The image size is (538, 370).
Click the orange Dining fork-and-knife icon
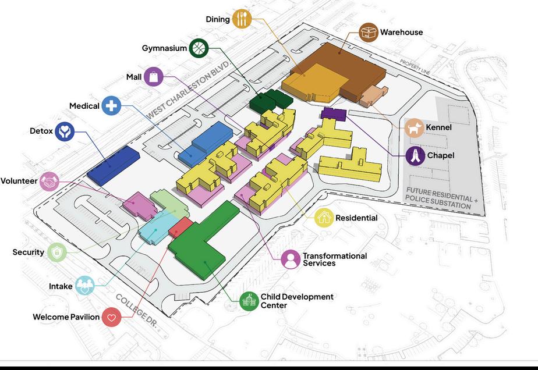[x=242, y=19]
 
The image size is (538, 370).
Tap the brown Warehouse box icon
[x=369, y=32]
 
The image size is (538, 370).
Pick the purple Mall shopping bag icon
[x=153, y=77]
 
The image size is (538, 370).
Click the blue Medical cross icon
[x=111, y=106]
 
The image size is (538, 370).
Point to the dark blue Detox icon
[x=65, y=131]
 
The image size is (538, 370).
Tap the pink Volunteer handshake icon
[x=50, y=181]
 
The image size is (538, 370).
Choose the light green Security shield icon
[x=57, y=252]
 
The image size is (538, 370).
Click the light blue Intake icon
[x=84, y=285]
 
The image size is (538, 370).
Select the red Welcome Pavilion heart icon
[x=111, y=317]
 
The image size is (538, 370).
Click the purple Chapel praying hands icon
[x=415, y=156]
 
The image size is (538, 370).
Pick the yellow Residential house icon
[x=324, y=218]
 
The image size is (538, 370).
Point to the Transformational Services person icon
[x=291, y=259]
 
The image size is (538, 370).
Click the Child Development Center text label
[x=296, y=301]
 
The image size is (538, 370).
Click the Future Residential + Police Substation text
[x=442, y=198]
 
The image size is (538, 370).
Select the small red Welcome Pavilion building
[x=180, y=226]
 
